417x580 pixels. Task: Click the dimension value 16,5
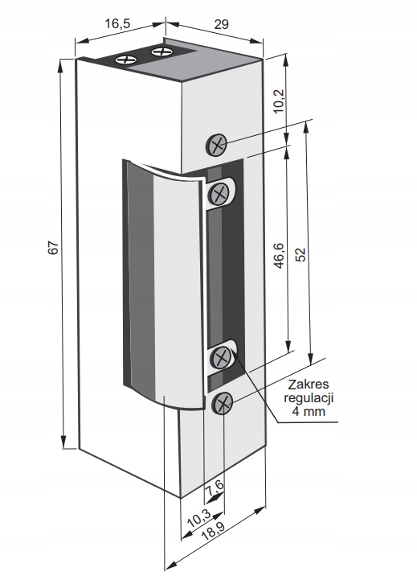tap(117, 23)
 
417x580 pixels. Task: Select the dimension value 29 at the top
tap(221, 24)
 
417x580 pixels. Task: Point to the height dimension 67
tap(54, 248)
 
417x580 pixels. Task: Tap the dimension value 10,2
tap(280, 101)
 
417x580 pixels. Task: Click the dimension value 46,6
tap(279, 256)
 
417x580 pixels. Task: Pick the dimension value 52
tap(302, 254)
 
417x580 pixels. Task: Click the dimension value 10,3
tap(200, 518)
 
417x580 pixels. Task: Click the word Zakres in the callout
tap(309, 385)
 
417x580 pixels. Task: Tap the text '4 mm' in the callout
tap(309, 411)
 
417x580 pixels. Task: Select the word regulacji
tap(309, 398)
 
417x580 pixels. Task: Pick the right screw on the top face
tap(161, 51)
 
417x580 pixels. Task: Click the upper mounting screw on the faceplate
tap(215, 144)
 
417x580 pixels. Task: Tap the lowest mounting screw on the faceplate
tap(223, 404)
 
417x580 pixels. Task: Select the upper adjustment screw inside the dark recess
tap(219, 193)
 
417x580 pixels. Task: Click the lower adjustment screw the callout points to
tap(221, 357)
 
